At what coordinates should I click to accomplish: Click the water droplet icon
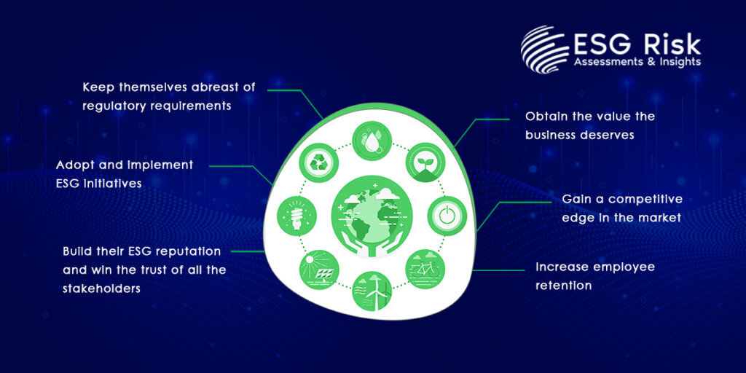point(372,141)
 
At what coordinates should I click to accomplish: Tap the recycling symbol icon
point(318,162)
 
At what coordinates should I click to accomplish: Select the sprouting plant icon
point(425,162)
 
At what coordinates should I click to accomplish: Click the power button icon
point(447,216)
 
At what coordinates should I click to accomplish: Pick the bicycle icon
point(425,270)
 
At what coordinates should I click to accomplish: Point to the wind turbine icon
point(372,291)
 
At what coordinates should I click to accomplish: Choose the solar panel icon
point(319,270)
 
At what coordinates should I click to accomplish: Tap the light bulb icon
point(297,216)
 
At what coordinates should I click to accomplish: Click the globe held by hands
point(372,216)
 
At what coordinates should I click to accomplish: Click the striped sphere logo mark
point(545,50)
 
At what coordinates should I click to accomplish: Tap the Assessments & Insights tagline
point(637,63)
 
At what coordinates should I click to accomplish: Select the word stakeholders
point(101,288)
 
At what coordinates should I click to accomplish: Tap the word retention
point(563,286)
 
